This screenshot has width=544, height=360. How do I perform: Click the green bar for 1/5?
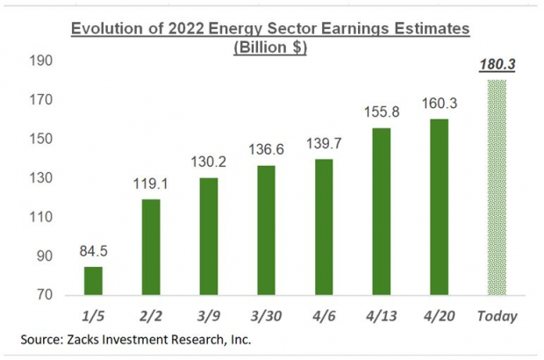(x=93, y=280)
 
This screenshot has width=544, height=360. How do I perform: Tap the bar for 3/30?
(x=267, y=230)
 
